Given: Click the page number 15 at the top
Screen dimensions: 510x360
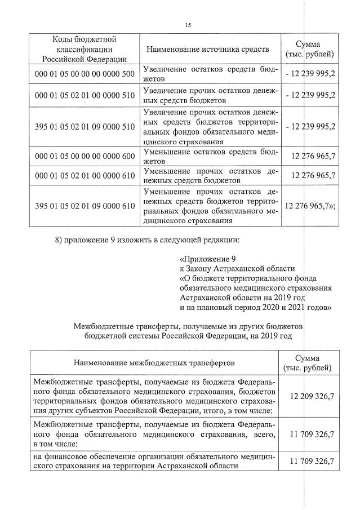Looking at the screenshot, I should [x=188, y=24].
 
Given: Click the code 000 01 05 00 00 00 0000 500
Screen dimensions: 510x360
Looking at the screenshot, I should [x=85, y=74].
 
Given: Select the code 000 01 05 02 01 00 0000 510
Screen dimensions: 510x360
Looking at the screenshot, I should [x=85, y=96].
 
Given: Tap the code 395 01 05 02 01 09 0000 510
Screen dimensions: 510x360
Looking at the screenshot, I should [x=85, y=126].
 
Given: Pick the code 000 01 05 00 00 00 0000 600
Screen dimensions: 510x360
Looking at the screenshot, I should [x=85, y=156].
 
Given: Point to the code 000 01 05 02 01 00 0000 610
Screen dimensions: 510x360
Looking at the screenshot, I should [x=85, y=176].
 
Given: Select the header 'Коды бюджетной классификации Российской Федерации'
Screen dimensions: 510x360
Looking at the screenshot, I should [x=85, y=49].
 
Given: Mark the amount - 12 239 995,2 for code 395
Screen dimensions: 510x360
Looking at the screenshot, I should [x=310, y=126].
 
